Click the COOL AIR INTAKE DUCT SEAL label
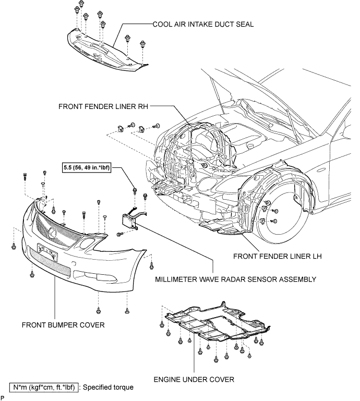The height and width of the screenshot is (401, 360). coord(203,25)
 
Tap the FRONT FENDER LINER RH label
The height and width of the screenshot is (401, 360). coord(103,106)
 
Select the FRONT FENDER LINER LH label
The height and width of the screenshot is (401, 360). coord(278,256)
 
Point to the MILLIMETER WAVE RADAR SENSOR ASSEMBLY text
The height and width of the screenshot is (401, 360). coord(236,280)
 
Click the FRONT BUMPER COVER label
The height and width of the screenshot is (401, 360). coord(63,325)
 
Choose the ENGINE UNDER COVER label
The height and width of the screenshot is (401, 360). coord(194,379)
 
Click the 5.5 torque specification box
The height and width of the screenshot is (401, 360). coord(87,167)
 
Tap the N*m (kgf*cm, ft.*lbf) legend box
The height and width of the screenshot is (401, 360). coord(44,387)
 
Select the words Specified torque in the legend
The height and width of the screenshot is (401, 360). coord(108,387)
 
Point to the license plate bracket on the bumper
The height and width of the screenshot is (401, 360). coord(47,252)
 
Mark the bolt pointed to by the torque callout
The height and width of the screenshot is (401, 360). coord(135,191)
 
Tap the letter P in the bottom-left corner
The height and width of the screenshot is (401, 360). coord(3,397)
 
